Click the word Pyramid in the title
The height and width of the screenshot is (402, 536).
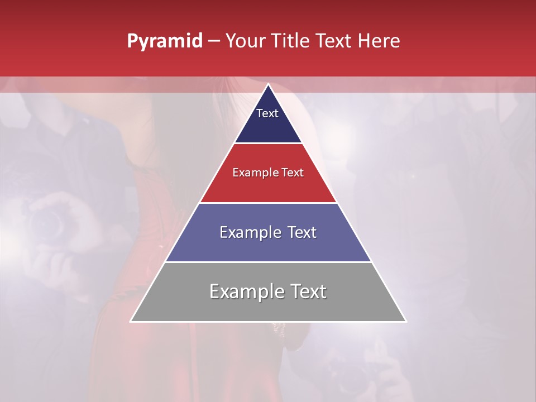(164, 41)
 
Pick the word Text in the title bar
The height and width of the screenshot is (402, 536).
(336, 41)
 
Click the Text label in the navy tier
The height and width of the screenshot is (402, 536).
(267, 113)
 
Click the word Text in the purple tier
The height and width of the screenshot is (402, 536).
(301, 232)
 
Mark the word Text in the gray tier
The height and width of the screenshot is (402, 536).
(308, 291)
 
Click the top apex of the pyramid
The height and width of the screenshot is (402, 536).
(268, 85)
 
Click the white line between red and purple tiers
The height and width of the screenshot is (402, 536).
(268, 203)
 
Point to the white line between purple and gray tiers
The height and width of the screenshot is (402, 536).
(268, 262)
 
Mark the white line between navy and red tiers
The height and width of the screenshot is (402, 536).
(268, 143)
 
